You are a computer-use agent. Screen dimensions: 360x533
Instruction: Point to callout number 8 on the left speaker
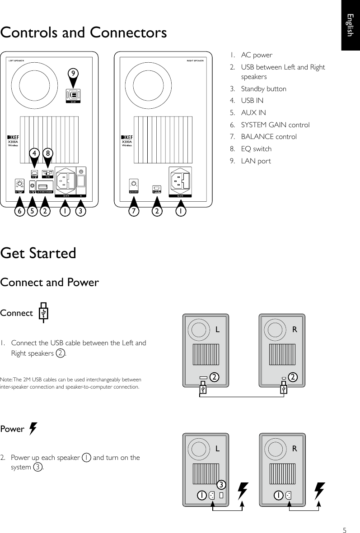(48, 153)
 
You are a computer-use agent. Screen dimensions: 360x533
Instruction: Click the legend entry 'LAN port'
(256, 161)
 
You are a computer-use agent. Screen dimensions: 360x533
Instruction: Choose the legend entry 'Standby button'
(263, 88)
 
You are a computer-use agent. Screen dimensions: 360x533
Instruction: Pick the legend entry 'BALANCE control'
(269, 136)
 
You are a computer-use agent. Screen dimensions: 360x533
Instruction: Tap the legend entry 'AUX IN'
(253, 112)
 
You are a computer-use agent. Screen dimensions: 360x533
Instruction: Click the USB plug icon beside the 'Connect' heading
(42, 313)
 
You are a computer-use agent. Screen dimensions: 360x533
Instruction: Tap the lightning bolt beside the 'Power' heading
(33, 428)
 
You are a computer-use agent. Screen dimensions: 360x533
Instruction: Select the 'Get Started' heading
(38, 253)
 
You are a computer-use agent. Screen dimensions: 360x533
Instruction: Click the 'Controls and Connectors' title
(84, 33)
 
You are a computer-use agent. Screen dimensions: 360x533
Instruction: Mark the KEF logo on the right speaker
(127, 138)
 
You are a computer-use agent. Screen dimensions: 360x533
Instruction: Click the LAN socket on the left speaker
(74, 94)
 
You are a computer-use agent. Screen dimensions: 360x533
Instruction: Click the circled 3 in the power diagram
(220, 485)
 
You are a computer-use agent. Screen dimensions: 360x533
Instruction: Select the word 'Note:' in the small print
(9, 380)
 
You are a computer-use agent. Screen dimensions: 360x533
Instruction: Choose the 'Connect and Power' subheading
(50, 283)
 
